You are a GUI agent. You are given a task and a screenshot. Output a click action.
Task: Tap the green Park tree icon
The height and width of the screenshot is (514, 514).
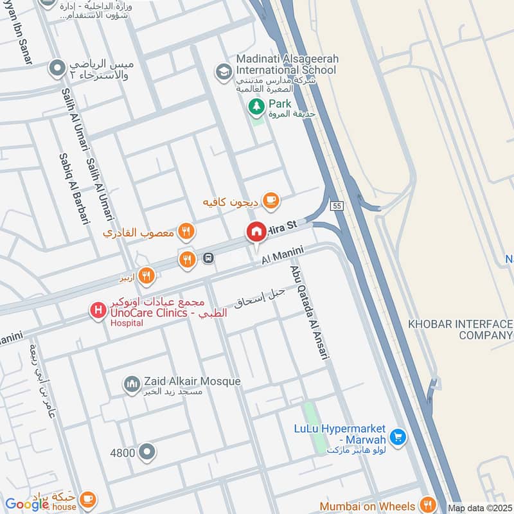pos(256,105)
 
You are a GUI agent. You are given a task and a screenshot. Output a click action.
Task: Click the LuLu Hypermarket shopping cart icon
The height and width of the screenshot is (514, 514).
pos(397,436)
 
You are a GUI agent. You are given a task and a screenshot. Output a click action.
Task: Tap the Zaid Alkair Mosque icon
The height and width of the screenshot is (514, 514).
pos(132,384)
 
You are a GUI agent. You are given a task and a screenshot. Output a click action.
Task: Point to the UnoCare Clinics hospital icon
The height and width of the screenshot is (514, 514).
pos(98,312)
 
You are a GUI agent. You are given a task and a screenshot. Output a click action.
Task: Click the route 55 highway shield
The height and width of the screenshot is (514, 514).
pos(337,206)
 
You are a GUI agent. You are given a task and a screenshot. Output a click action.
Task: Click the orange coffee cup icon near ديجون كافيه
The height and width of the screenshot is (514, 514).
pos(271,202)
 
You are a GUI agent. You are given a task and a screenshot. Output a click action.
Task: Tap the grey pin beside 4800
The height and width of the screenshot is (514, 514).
pos(147,452)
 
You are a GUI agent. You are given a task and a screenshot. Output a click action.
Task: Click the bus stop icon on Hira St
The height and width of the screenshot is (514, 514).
pos(209,258)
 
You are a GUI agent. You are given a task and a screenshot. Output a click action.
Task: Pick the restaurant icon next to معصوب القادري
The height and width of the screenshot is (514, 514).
pos(186,231)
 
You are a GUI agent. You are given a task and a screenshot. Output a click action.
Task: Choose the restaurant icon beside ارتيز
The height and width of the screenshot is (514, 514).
pos(146,276)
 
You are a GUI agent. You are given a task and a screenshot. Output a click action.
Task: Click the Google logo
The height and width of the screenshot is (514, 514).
pos(27,504)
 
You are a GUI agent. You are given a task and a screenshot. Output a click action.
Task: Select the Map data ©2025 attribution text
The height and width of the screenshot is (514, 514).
pos(479,508)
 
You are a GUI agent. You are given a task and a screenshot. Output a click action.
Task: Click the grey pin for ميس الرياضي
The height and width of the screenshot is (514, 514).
pos(58,67)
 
